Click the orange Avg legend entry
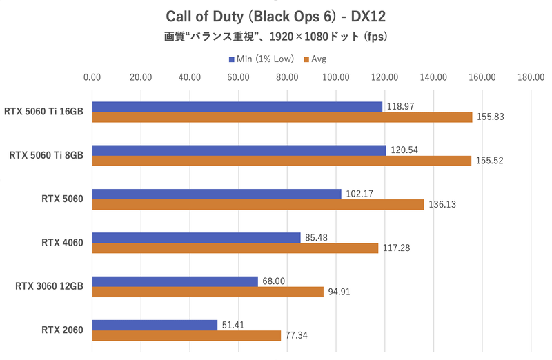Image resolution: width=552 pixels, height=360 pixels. (x=315, y=59)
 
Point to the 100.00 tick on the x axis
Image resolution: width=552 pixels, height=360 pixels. (x=335, y=77)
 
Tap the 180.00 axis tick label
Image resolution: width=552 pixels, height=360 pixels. (x=530, y=77)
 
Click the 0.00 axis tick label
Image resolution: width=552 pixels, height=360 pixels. (x=92, y=77)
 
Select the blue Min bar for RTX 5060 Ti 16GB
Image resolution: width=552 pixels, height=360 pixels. (x=237, y=106)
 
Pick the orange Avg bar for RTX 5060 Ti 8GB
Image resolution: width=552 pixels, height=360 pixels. (x=282, y=161)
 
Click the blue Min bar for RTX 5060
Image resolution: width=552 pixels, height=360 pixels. (x=217, y=194)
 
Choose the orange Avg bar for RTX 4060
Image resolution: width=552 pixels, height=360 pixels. (x=235, y=248)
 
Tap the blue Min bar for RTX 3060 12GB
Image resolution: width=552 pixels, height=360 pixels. (x=175, y=281)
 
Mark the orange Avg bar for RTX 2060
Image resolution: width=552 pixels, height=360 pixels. (x=186, y=336)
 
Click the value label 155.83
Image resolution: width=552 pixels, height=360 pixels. (x=491, y=117)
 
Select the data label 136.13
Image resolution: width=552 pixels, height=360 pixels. (x=442, y=205)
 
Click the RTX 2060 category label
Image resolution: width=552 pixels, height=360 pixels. (x=62, y=330)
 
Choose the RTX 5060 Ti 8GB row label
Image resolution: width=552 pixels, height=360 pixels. (x=46, y=155)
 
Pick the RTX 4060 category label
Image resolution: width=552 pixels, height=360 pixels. (x=62, y=243)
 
